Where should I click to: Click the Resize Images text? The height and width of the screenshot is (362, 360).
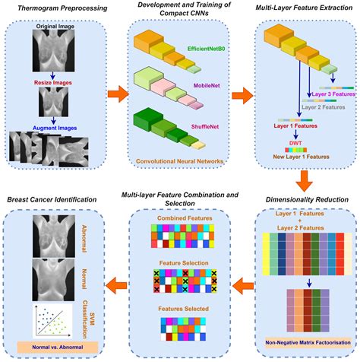click(55, 79)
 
